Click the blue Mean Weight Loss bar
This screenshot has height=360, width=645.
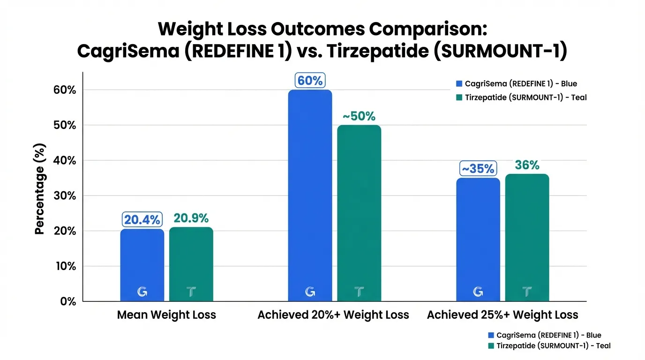(x=142, y=265)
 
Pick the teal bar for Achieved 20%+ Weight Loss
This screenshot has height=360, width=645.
(x=359, y=213)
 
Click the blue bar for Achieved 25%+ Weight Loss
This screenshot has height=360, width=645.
(x=478, y=240)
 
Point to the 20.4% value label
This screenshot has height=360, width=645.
(x=142, y=219)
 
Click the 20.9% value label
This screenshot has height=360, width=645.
(x=191, y=218)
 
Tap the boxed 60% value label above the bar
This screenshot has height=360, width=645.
(x=310, y=81)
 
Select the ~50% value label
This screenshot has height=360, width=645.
(x=359, y=116)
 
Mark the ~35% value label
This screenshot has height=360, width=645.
(x=478, y=168)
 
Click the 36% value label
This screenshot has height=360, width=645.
(x=527, y=165)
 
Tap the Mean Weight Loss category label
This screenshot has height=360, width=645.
(x=166, y=315)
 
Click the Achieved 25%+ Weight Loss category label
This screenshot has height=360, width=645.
(x=502, y=315)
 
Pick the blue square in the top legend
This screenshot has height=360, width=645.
(x=459, y=84)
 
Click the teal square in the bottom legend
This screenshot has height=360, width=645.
(x=491, y=346)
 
